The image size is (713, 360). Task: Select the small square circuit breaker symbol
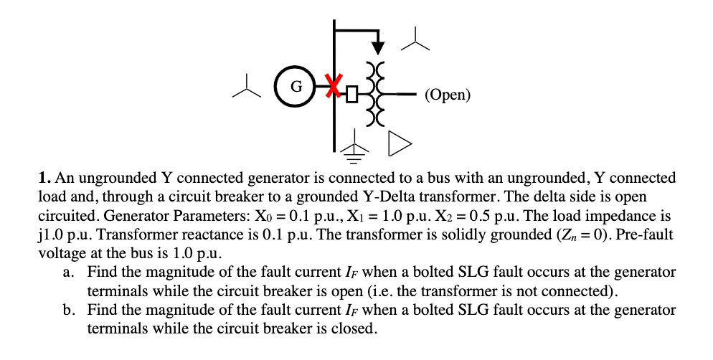click(351, 93)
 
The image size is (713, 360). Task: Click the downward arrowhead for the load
click(377, 47)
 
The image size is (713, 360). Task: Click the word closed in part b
click(354, 329)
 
